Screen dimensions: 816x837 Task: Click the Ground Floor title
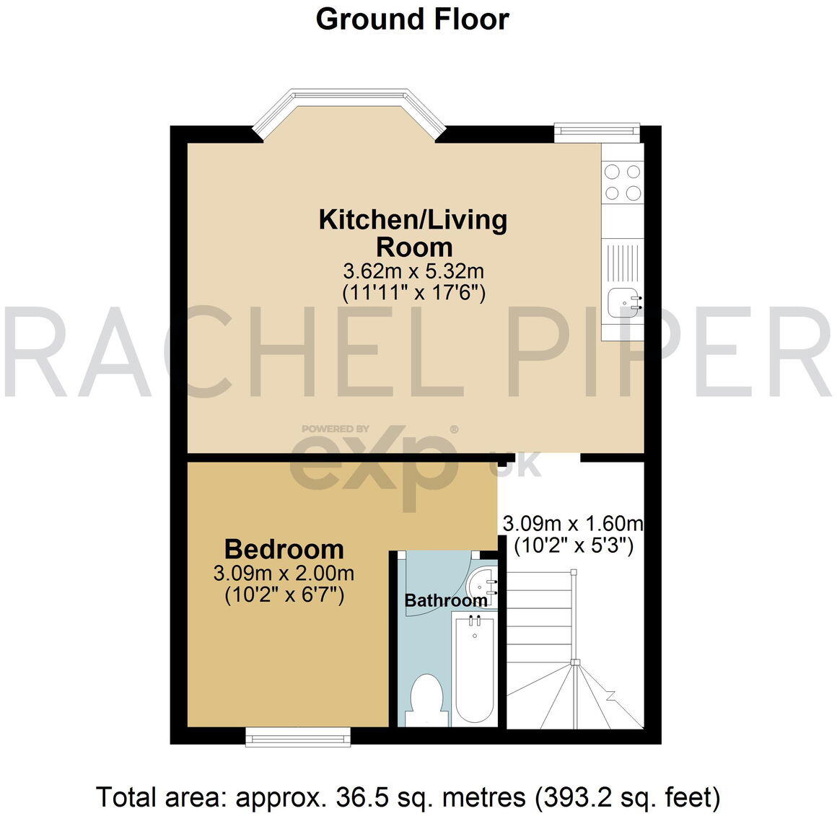coord(412,19)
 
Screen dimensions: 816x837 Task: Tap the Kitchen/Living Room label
coord(413,232)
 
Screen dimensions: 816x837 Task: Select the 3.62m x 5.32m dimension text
coord(413,272)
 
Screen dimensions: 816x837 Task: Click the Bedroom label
coord(284,549)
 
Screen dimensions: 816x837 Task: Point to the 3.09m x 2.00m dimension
coord(284,574)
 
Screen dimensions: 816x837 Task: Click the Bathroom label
coord(445,600)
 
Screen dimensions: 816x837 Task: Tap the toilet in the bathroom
coord(425,699)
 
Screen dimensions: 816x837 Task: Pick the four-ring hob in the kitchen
coord(622,182)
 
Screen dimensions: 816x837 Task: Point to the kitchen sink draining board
coord(622,263)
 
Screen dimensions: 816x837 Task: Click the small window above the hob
coord(597,130)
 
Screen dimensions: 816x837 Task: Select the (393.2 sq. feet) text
coord(627,797)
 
